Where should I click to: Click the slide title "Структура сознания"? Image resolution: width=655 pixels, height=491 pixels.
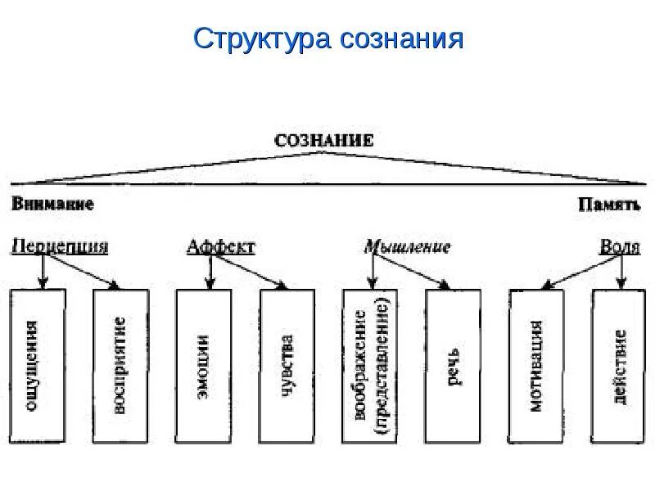point(327,38)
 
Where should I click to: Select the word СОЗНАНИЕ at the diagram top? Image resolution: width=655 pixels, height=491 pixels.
point(323,140)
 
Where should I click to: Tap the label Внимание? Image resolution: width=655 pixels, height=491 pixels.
point(52,203)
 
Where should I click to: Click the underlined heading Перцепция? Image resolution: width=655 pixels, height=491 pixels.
point(60,245)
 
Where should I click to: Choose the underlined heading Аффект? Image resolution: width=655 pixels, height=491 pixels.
point(220,245)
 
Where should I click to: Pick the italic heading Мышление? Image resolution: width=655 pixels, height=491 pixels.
point(407,245)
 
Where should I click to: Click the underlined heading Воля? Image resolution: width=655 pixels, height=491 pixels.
point(620,245)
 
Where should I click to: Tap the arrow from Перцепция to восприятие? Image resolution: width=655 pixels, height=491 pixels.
point(82,271)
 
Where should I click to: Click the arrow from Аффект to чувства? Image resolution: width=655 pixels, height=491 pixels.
point(248,271)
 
